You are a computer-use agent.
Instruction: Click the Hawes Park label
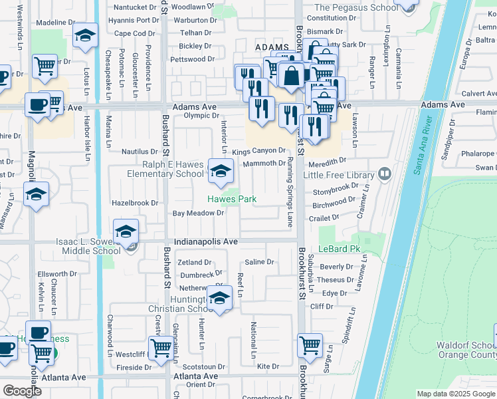[232, 199]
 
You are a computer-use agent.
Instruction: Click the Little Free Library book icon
[384, 174]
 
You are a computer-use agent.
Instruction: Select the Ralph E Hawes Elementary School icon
[221, 172]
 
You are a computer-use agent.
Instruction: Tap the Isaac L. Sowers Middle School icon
[125, 231]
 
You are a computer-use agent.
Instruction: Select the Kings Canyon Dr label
[258, 152]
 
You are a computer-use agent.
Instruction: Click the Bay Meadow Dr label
[197, 213]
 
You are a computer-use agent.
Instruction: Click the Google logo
[22, 391]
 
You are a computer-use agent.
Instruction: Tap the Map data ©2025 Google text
[455, 394]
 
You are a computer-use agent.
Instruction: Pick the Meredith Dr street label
[326, 160]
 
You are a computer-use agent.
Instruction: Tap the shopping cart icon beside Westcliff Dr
[161, 346]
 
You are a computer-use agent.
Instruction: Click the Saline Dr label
[259, 263]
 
